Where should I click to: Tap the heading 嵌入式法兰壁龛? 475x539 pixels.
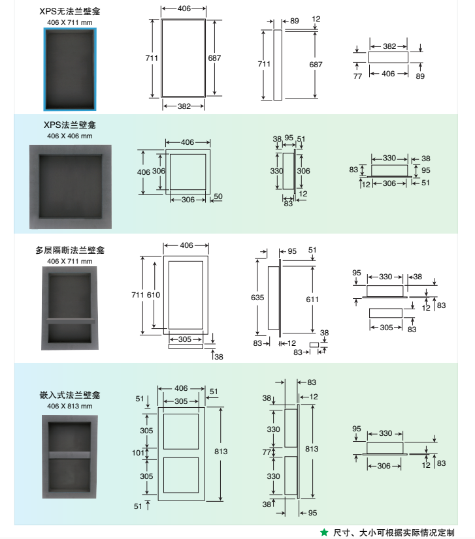[x=70, y=395]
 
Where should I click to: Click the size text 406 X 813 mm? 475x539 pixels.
[x=70, y=406]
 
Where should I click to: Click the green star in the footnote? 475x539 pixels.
[x=324, y=532]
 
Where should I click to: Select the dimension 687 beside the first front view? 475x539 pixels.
[x=214, y=58]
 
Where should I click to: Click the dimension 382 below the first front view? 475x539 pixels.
[x=184, y=106]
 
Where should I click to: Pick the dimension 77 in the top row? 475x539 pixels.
[x=357, y=76]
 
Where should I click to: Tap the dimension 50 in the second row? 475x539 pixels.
[x=218, y=196]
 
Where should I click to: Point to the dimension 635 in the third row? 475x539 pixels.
[x=257, y=297]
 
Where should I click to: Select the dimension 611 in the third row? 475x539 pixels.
[x=312, y=298]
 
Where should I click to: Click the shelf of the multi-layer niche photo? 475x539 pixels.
[x=70, y=322]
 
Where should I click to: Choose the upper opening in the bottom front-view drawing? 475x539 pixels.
[x=180, y=431]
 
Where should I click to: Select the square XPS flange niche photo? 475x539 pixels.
[x=70, y=190]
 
